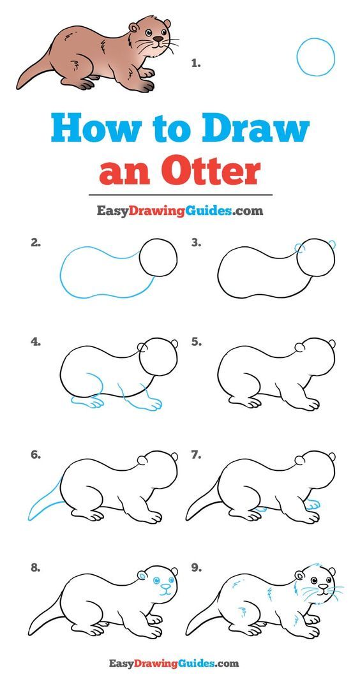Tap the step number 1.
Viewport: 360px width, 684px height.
pyautogui.click(x=196, y=64)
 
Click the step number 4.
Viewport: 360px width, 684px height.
pyautogui.click(x=36, y=343)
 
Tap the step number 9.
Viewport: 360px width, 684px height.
pyautogui.click(x=197, y=569)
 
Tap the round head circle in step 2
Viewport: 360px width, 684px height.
pyautogui.click(x=158, y=239)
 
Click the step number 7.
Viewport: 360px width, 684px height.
pyautogui.click(x=197, y=455)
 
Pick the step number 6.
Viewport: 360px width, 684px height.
pyautogui.click(x=36, y=455)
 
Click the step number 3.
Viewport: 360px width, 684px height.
pyautogui.click(x=197, y=243)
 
